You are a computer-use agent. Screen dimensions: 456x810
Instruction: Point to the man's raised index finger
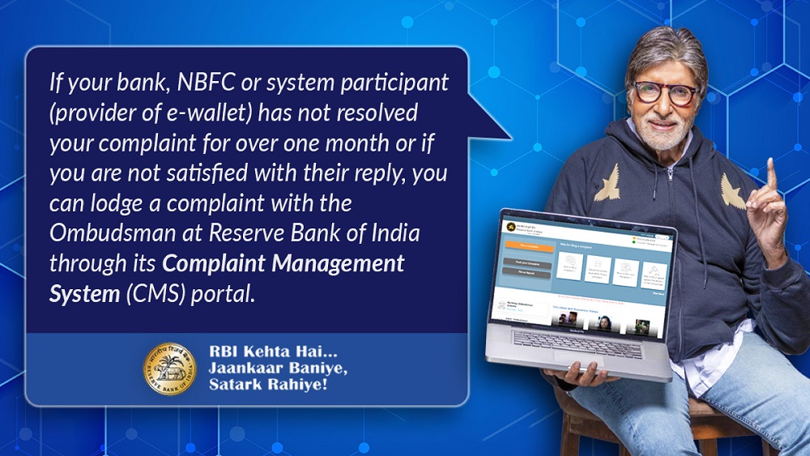[770, 174]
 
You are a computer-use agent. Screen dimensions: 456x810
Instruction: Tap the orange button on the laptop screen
[528, 246]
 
